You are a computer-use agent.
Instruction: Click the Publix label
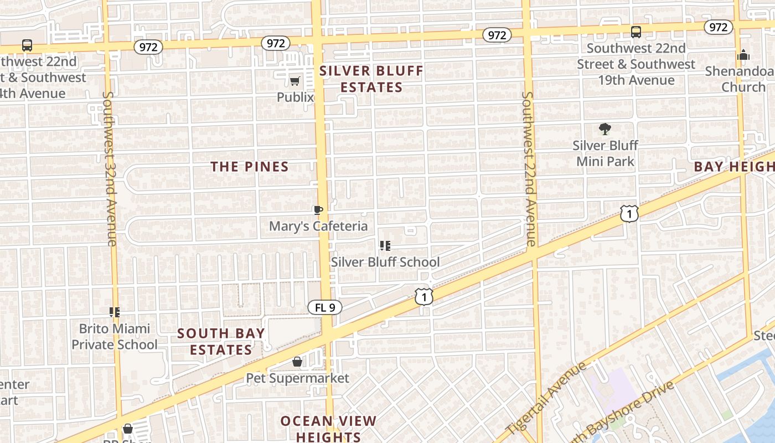point(295,97)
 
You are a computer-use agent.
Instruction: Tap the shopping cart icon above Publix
point(295,81)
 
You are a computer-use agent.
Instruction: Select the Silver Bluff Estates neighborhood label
point(371,79)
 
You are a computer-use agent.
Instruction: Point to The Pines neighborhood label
point(250,167)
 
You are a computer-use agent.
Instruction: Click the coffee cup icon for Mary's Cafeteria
point(318,210)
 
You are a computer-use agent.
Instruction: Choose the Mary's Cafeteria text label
point(318,226)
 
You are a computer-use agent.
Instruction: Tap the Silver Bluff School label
point(385,262)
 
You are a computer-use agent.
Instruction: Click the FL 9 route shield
point(325,307)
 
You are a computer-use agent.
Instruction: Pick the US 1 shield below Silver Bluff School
point(424,297)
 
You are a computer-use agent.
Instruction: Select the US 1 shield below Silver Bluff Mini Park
point(629,213)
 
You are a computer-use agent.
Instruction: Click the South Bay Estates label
point(221,342)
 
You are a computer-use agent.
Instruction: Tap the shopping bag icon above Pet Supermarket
point(297,362)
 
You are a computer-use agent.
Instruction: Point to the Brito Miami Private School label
point(115,337)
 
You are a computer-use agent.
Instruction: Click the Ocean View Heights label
point(328,429)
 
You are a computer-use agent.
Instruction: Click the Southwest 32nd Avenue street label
point(109,168)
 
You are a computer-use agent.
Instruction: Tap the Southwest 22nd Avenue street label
point(529,168)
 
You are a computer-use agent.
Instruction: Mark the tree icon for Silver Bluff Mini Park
point(605,130)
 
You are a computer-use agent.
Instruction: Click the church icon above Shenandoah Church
point(743,55)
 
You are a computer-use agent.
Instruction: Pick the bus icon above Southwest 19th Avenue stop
point(636,32)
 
